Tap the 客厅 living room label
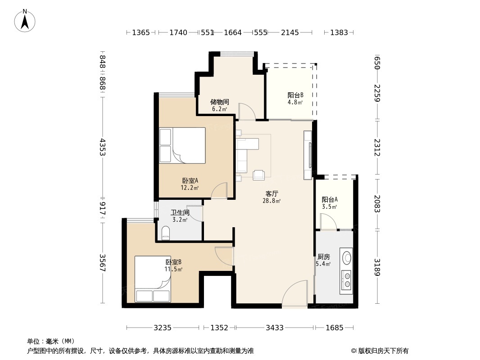pos(272,193)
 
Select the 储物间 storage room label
pos(220,102)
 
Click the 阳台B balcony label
pos(295,95)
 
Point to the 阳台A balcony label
pos(330,200)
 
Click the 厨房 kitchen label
pos(323,257)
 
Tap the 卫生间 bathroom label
pos(180,212)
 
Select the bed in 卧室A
pos(182,145)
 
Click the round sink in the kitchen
pos(347,258)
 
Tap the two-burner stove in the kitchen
pos(346,279)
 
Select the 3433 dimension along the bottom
pos(274,328)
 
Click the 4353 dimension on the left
pos(103,147)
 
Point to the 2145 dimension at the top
pos(290,32)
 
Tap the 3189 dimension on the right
pos(377,268)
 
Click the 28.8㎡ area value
pos(272,201)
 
